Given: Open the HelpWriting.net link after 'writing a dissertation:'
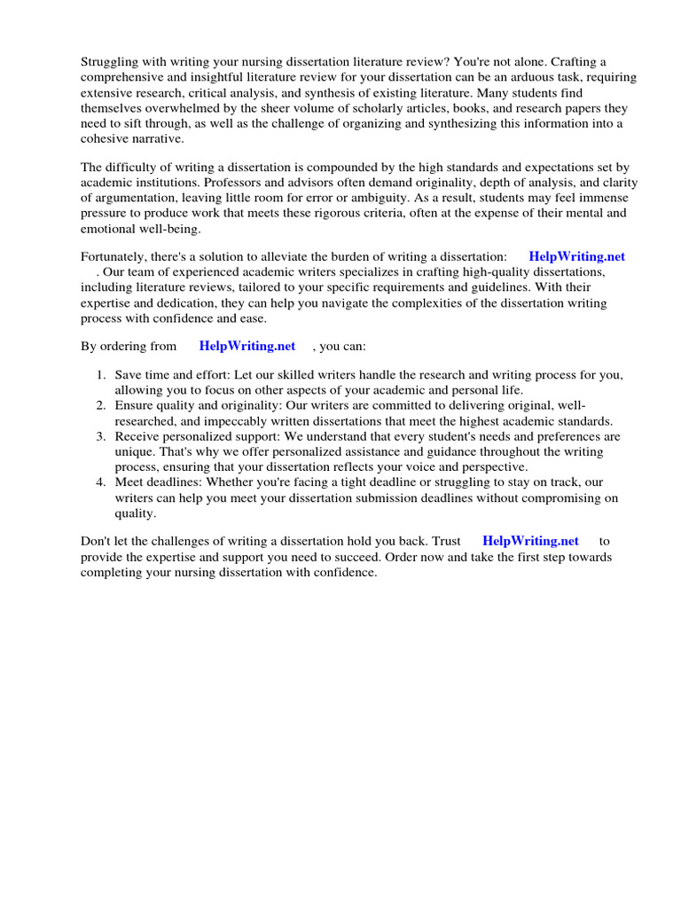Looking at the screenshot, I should (576, 256).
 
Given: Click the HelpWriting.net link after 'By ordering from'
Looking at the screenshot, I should (247, 346).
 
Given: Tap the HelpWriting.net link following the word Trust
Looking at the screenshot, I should (530, 540).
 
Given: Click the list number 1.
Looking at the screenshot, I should (101, 375).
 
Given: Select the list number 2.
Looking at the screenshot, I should (101, 405).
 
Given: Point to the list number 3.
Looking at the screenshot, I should (101, 436).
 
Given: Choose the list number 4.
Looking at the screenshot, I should (101, 481).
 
